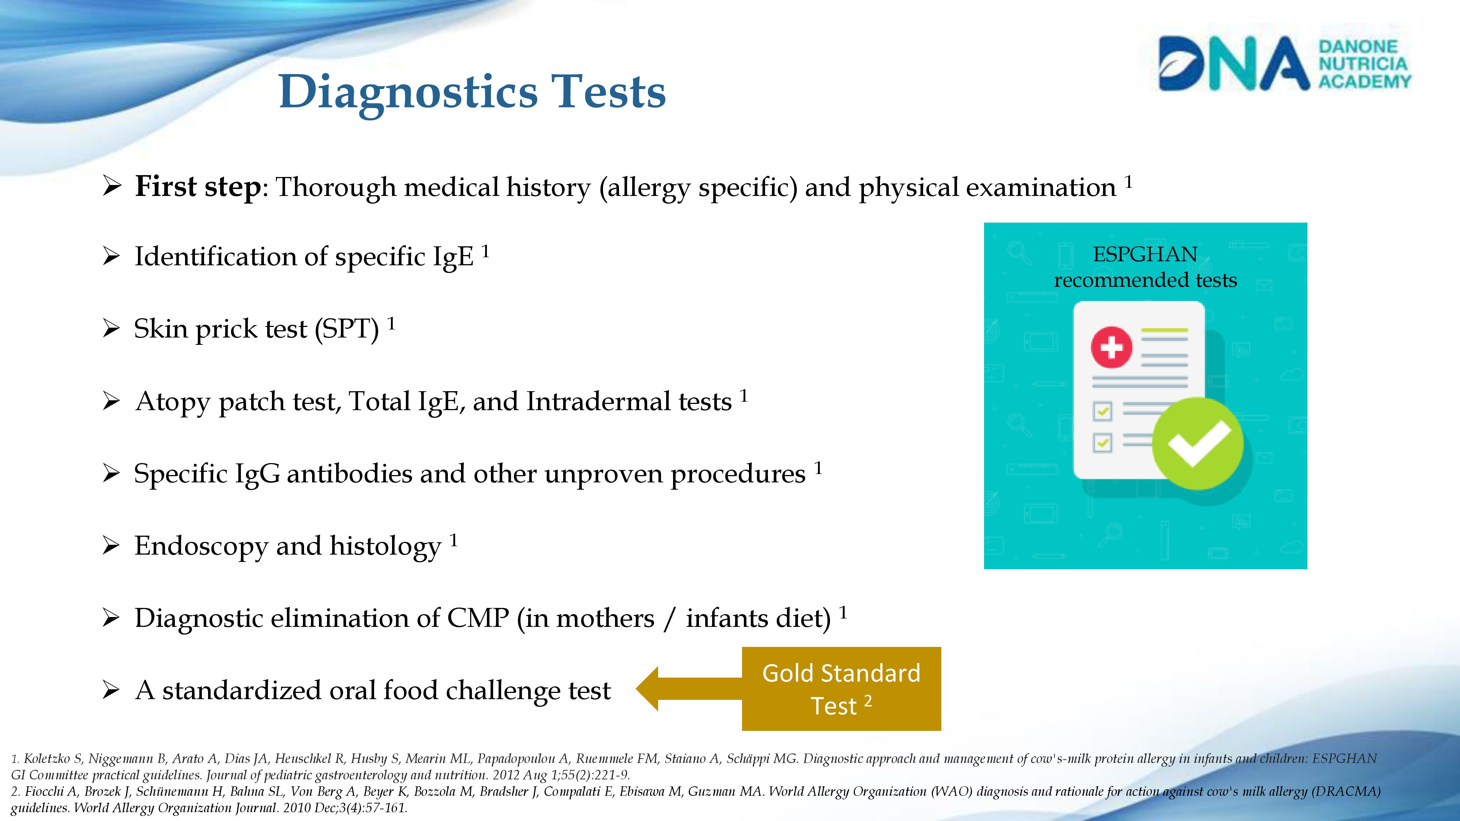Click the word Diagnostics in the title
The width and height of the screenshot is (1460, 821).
pos(407,92)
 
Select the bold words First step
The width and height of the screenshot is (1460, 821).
pos(198,187)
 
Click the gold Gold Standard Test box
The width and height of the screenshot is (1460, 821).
pos(841,689)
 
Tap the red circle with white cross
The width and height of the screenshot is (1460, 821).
pos(1111,347)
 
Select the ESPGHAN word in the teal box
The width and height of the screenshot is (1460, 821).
pos(1145,254)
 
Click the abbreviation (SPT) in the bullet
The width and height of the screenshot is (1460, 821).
pos(347,329)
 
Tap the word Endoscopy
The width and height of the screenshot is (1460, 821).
pos(201,546)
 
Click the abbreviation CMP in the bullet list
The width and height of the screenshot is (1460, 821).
pos(478,618)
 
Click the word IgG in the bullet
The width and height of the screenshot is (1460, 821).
pos(257,474)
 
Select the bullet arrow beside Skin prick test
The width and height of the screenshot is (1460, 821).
pos(111,329)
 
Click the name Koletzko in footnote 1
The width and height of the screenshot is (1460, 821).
pos(47,759)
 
